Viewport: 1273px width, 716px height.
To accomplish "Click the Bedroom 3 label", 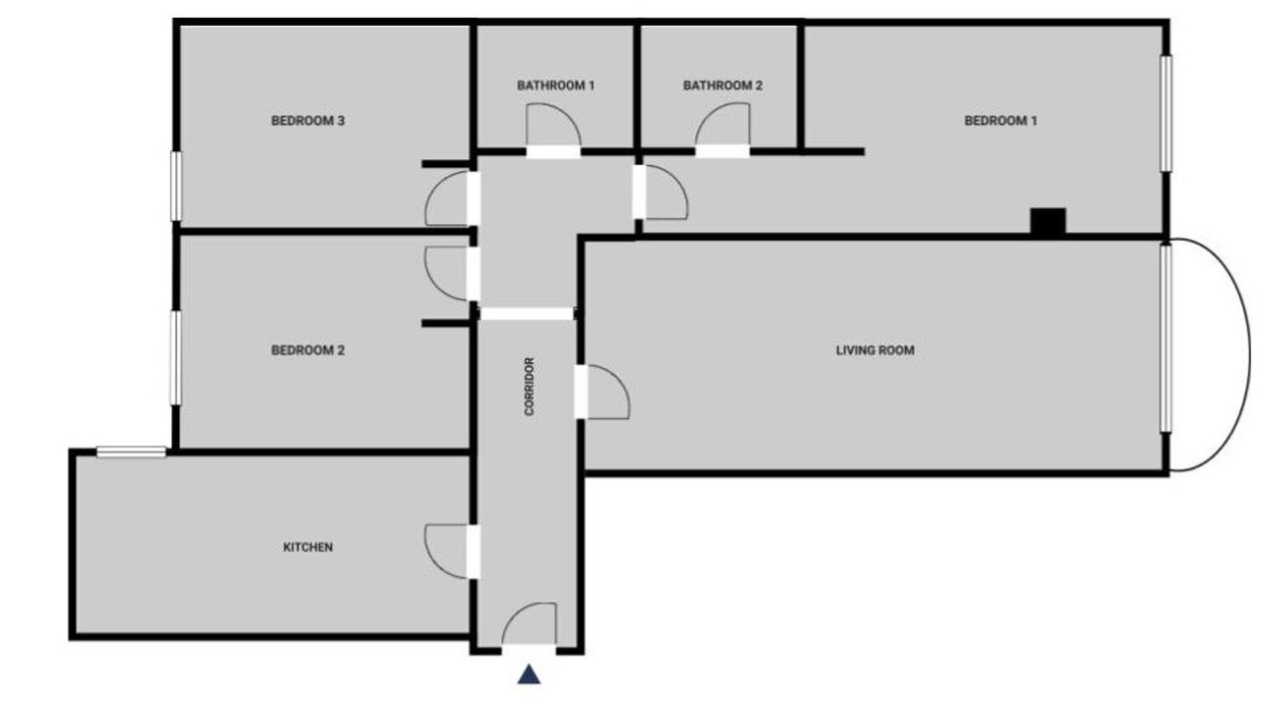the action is (x=308, y=121).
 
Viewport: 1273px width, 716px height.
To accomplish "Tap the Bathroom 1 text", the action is (x=555, y=86).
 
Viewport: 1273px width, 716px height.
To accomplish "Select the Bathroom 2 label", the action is (x=722, y=86).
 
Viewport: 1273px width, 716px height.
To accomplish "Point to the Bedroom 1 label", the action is (x=1000, y=121).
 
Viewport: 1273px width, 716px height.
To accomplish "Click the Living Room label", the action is (x=875, y=351).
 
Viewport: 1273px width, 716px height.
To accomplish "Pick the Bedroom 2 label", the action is (x=308, y=351).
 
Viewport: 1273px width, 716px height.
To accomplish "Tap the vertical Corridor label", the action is (x=529, y=387).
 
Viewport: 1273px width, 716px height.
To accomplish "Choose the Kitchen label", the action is (x=308, y=547).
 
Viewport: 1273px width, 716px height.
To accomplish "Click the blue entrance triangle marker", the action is (x=529, y=674).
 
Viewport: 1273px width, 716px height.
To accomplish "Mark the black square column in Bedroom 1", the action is (x=1048, y=221).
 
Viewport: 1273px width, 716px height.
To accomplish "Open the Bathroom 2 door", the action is (x=722, y=127).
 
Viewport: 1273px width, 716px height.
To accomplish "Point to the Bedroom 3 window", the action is (x=176, y=186).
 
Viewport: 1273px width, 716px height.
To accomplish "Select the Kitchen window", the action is (x=131, y=452).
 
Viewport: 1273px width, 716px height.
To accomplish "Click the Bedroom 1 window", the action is (x=1166, y=113).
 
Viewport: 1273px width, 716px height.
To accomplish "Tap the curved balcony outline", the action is (x=1250, y=355).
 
